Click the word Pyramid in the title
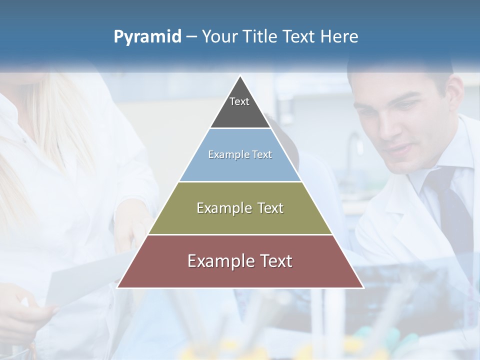[147, 37]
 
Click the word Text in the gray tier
[239, 101]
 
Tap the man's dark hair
[400, 75]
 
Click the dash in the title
[191, 37]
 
